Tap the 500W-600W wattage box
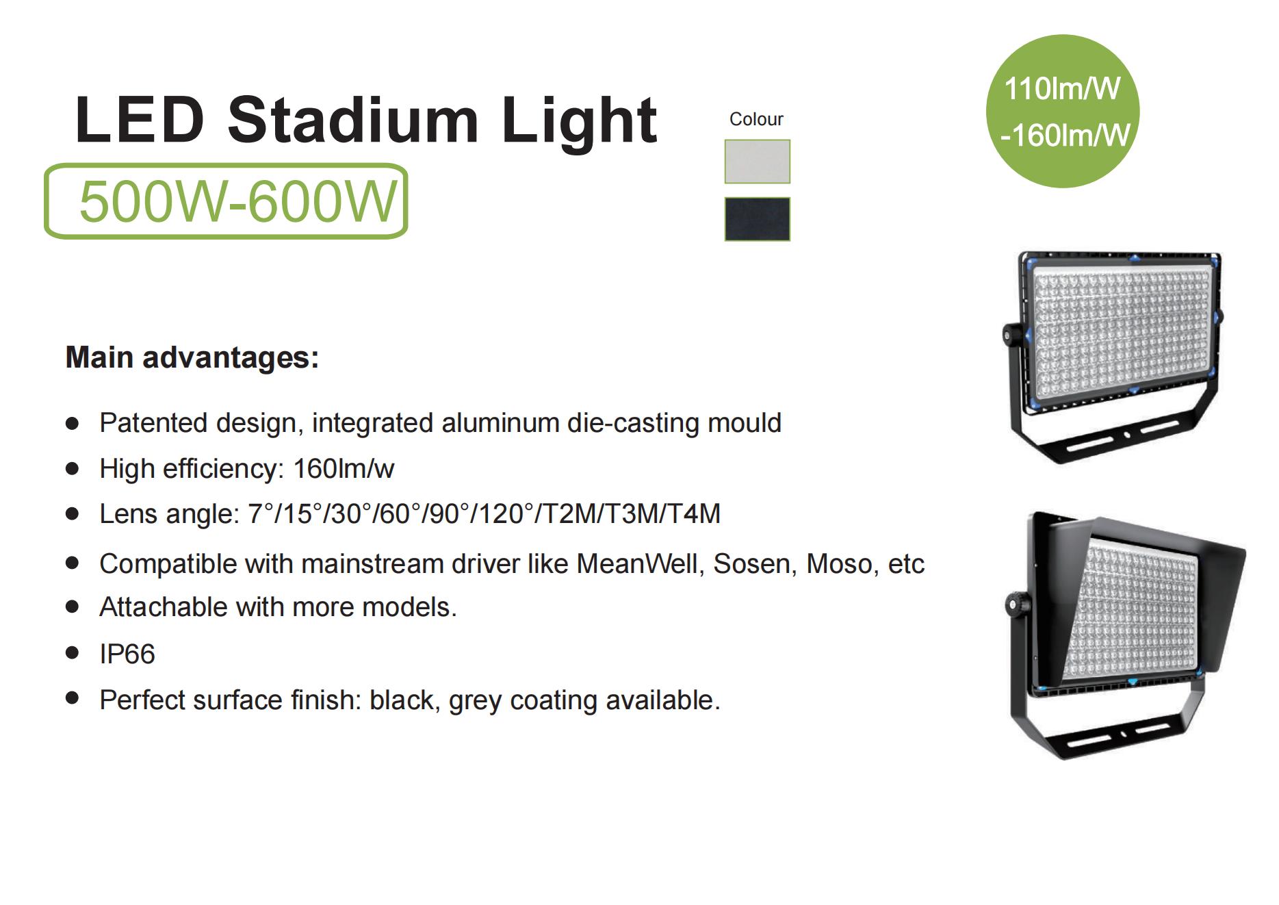226,201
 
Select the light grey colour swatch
757,162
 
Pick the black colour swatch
757,219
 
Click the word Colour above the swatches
756,119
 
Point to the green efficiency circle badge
1062,111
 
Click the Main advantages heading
192,357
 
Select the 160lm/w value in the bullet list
344,469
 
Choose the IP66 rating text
127,654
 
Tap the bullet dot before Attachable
72,607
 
